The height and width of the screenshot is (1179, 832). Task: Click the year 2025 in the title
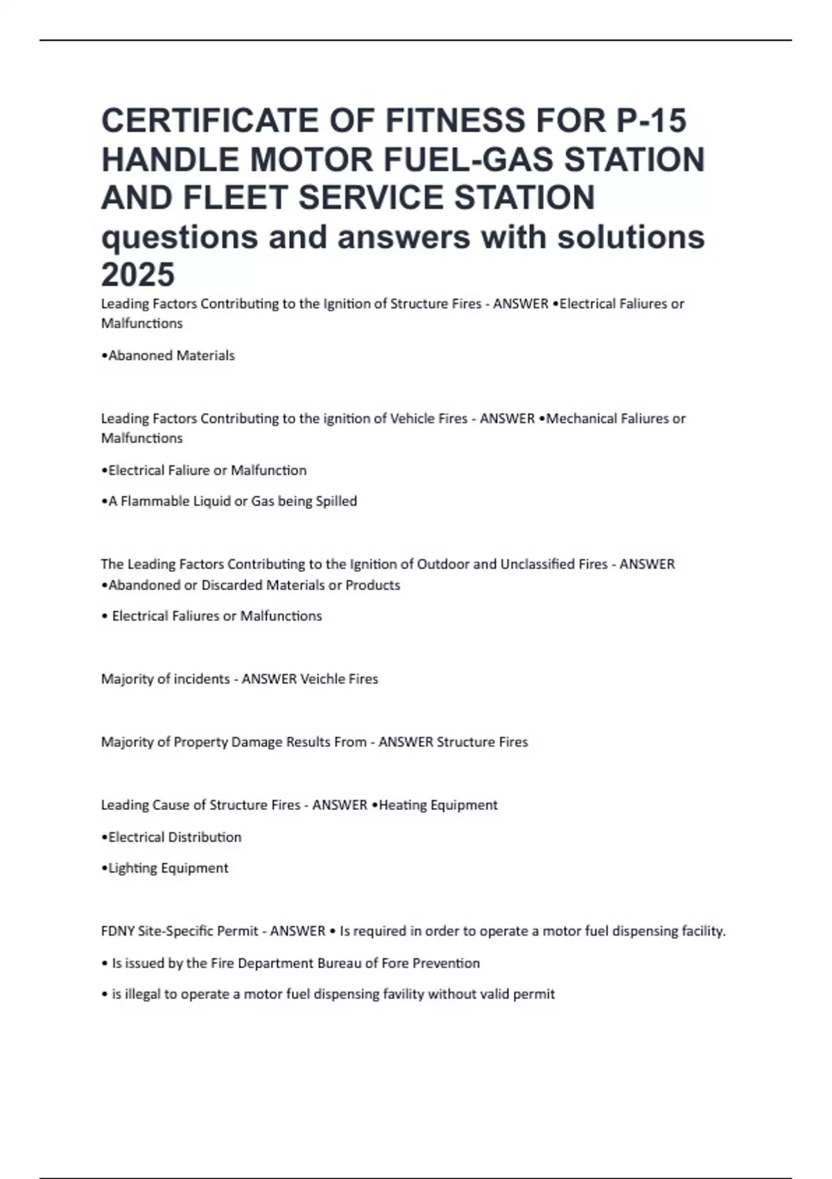click(x=138, y=275)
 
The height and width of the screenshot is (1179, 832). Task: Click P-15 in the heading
click(x=651, y=120)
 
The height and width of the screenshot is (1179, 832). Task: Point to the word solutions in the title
click(x=631, y=236)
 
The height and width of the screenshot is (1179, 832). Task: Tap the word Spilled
click(x=336, y=501)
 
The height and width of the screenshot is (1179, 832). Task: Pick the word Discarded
click(x=227, y=585)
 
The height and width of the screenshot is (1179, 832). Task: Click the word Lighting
click(x=134, y=868)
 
